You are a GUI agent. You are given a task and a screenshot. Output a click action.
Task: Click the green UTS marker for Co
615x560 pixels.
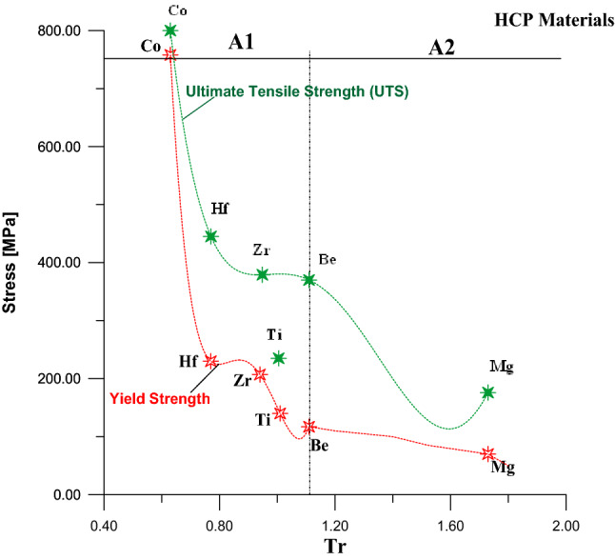coord(170,30)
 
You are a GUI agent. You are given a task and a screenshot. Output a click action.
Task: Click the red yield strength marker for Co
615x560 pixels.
coord(170,55)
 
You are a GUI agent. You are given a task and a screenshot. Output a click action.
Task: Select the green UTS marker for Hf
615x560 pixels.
coord(211,236)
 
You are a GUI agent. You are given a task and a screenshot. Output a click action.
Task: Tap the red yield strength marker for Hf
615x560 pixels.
coord(211,361)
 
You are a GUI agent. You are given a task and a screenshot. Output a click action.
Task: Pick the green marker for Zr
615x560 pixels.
coord(263,274)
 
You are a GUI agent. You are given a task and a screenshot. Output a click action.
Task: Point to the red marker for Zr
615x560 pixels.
coord(260,374)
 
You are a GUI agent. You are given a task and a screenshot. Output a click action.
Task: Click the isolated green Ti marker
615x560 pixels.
coord(279,358)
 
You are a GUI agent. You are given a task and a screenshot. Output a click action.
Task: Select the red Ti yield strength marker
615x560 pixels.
coord(280,413)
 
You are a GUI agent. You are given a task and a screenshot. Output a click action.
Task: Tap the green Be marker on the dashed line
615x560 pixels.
coord(309,280)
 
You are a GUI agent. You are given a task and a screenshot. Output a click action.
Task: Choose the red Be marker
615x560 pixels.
coord(309,427)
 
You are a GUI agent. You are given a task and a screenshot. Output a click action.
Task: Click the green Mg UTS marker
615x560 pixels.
coord(488,392)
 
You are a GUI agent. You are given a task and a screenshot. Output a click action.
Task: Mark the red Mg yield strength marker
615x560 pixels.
coord(488,454)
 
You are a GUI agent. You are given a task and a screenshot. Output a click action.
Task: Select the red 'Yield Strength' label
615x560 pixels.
coord(160,399)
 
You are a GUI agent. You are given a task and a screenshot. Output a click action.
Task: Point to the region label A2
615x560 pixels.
coord(441,49)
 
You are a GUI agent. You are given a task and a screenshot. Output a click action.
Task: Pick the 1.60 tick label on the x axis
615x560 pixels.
coord(449,523)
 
